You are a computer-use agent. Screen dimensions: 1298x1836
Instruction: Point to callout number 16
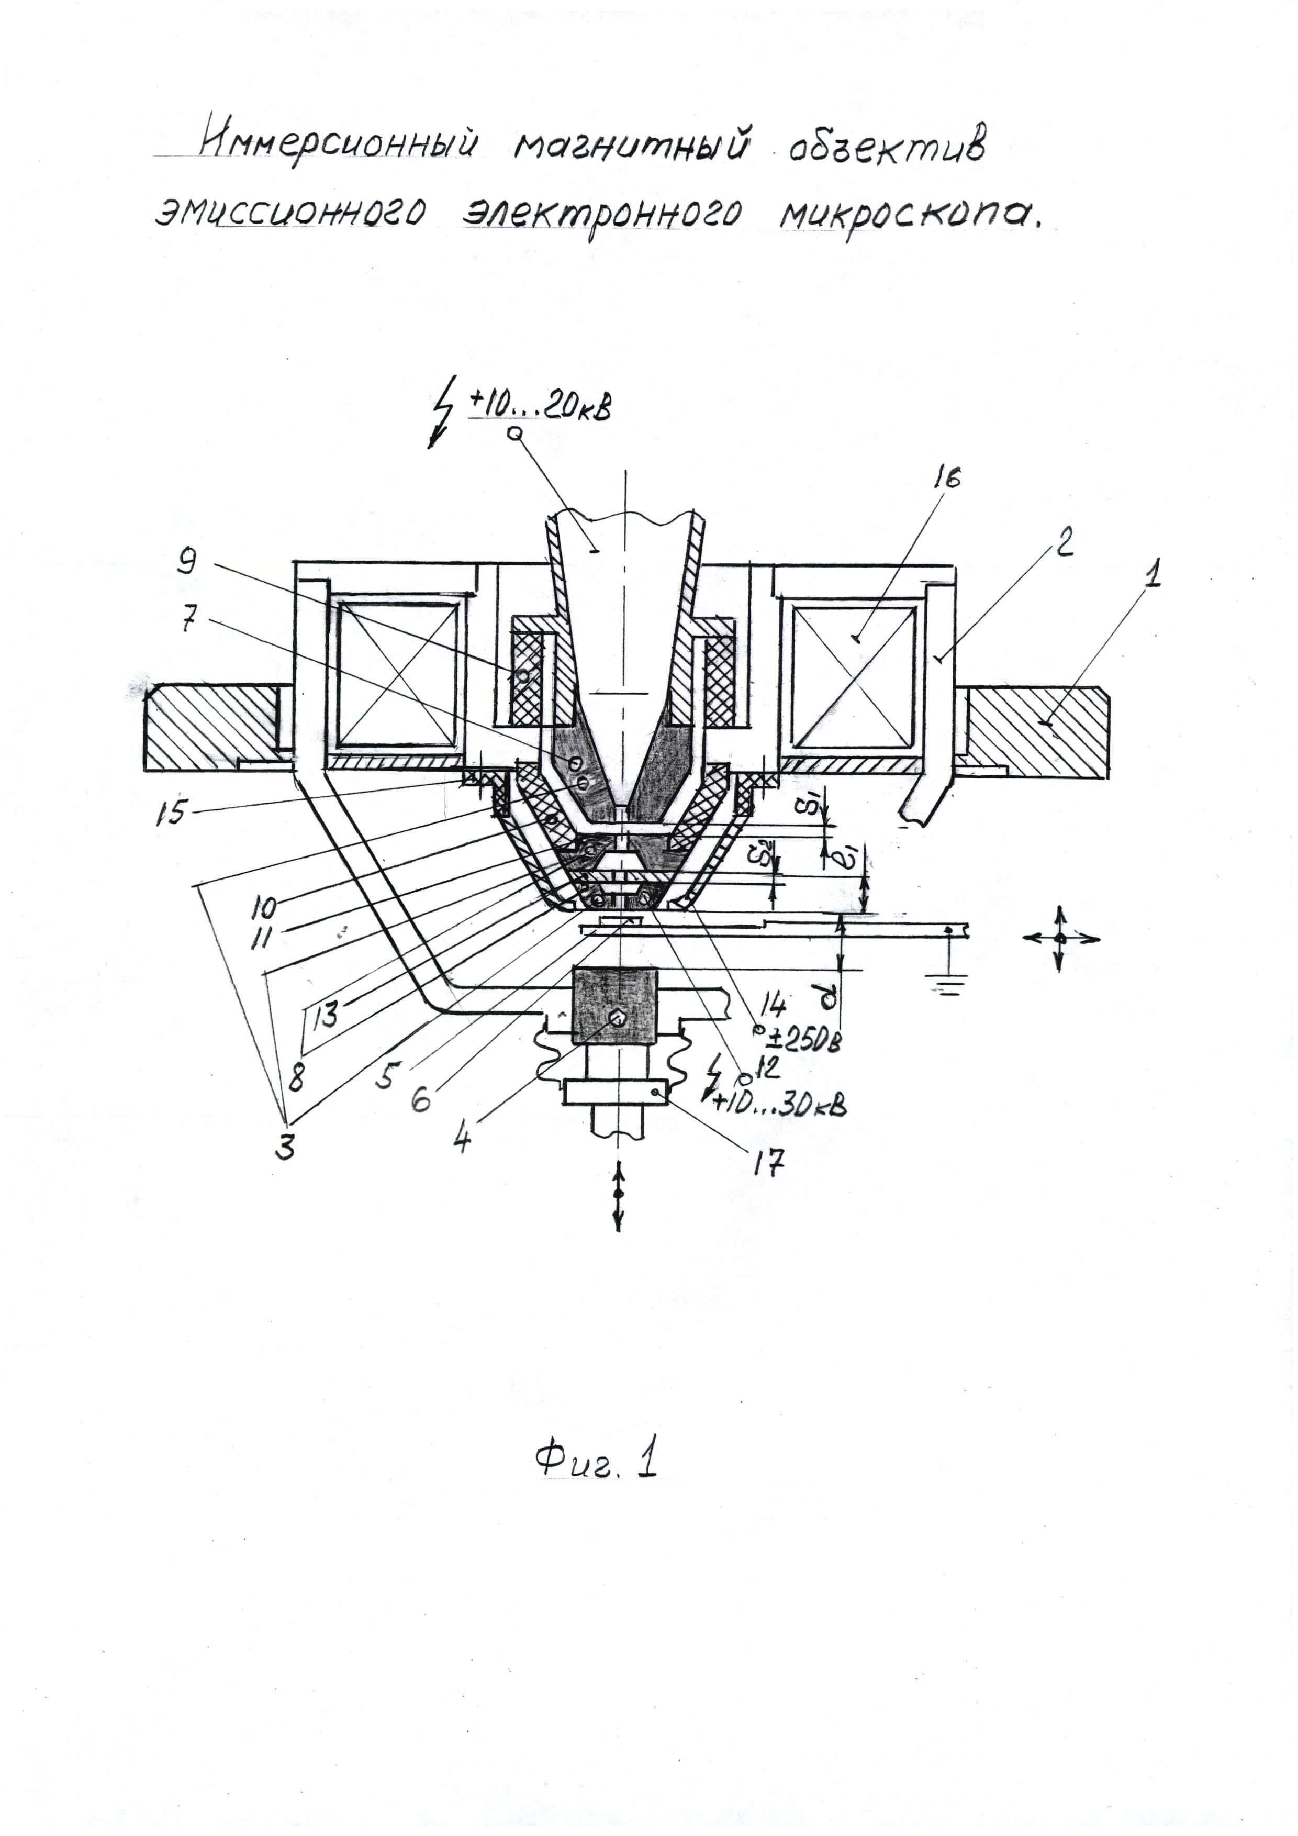946,477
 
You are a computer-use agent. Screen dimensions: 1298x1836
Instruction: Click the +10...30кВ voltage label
779,1104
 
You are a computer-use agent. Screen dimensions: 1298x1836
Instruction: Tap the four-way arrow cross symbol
1060,939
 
